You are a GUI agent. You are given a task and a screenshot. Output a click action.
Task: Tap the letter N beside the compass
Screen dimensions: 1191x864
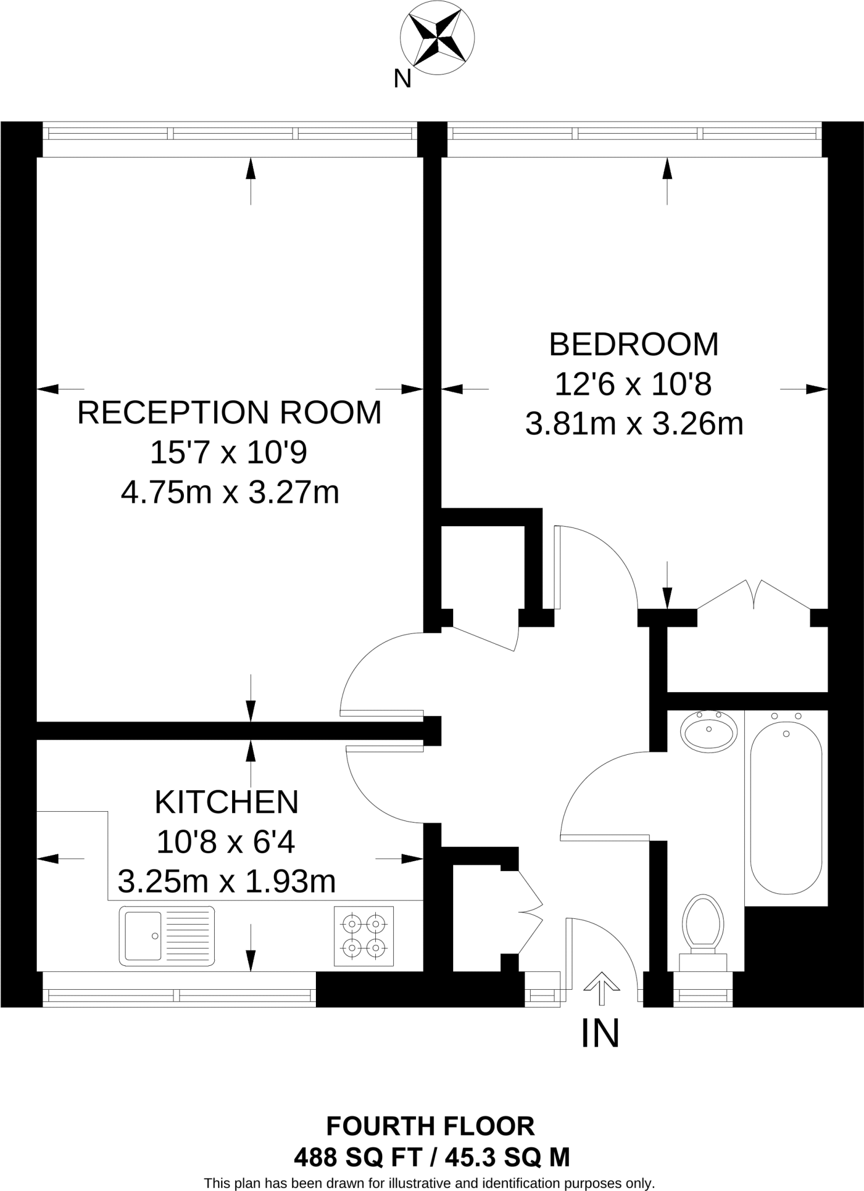click(402, 79)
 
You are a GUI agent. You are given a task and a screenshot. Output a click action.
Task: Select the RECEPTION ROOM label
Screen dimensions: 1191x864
click(229, 413)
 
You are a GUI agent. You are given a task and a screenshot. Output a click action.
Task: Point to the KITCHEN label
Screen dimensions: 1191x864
click(226, 803)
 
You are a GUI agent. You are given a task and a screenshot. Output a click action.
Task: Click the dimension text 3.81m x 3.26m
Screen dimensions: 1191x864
click(634, 424)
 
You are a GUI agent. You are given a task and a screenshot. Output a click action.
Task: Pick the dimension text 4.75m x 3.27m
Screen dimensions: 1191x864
click(230, 493)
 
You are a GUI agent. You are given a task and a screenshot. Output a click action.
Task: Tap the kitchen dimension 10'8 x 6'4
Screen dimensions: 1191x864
click(226, 841)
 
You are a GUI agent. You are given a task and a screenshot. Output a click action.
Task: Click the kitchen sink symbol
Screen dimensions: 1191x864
click(166, 936)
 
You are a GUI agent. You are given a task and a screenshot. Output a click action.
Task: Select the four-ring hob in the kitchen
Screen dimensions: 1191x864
click(364, 936)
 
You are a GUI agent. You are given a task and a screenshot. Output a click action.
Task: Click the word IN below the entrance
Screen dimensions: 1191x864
click(600, 1033)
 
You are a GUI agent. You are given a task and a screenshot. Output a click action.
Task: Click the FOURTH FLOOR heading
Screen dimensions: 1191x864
click(431, 1126)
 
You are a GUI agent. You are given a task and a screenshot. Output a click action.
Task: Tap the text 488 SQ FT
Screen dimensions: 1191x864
click(357, 1157)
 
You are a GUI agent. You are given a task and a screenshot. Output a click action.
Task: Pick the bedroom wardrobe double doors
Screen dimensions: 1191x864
click(754, 594)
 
